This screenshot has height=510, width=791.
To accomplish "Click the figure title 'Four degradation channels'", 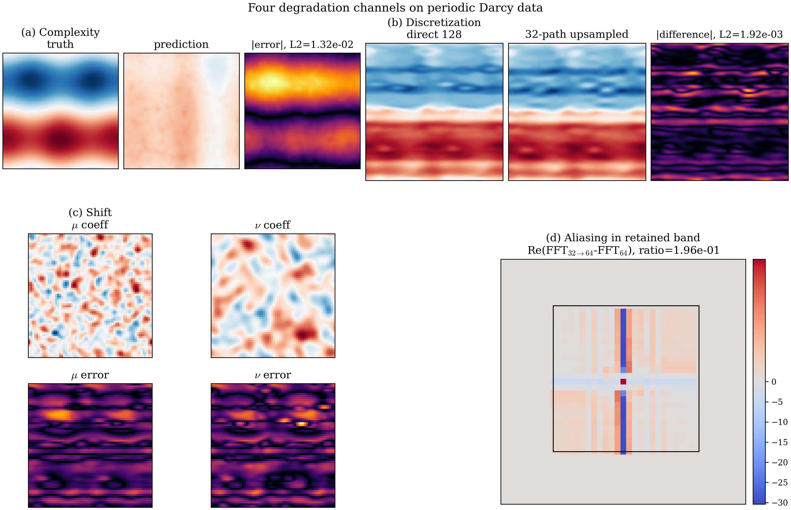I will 395,8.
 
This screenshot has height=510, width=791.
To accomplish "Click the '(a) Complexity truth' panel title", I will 60,38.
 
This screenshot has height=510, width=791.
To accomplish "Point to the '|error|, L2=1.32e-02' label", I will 302,44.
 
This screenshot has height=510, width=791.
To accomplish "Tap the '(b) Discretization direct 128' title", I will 434,28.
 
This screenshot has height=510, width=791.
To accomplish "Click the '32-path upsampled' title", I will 577,34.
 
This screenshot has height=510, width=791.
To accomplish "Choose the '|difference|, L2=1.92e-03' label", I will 719,34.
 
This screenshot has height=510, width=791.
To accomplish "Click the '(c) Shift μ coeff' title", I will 90,218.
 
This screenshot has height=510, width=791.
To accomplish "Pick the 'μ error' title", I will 90,375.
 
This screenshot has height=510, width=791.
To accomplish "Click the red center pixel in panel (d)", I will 623,382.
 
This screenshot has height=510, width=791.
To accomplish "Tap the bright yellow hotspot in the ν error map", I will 301,423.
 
